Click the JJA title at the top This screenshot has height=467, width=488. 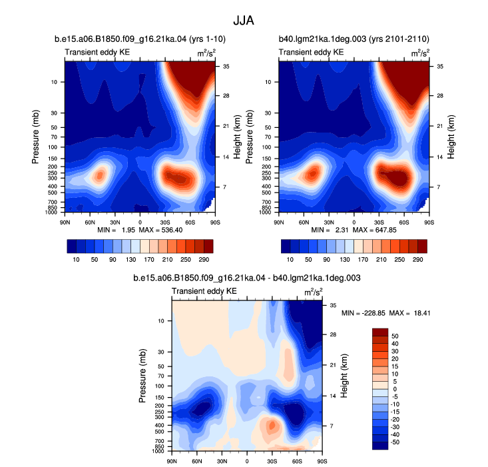[244, 21]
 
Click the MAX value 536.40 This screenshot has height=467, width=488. [172, 230]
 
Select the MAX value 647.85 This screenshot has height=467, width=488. [385, 230]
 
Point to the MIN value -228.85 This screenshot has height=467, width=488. [373, 313]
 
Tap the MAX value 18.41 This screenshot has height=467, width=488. [421, 313]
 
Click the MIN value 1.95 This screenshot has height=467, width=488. [128, 230]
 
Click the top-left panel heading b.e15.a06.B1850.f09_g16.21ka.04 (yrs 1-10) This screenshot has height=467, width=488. [140, 39]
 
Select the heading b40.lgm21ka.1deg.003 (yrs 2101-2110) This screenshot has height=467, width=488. [354, 39]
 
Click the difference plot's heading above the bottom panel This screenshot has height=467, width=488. [247, 278]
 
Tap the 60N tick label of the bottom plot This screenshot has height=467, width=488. [196, 461]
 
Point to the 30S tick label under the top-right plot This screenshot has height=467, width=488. [379, 223]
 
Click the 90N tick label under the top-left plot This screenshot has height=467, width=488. [65, 223]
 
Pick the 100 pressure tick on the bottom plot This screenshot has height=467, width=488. [160, 386]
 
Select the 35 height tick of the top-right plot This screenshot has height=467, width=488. [440, 67]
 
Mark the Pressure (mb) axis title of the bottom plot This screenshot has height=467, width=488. [142, 376]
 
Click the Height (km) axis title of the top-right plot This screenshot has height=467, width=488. [451, 137]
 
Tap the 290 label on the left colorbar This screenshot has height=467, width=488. [204, 259]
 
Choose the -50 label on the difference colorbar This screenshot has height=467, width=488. [394, 442]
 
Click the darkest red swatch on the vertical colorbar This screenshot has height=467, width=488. [380, 332]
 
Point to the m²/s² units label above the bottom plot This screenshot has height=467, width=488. [314, 292]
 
